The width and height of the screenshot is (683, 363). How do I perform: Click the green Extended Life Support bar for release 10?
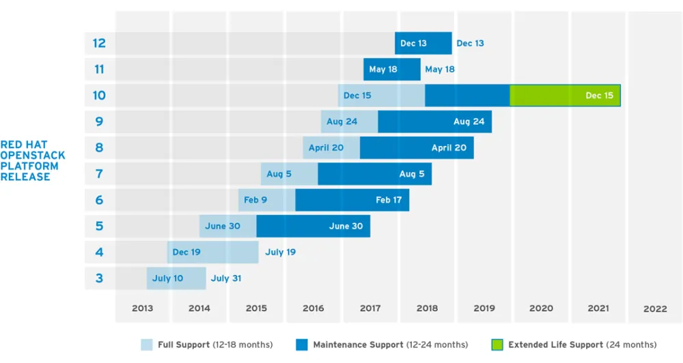565,96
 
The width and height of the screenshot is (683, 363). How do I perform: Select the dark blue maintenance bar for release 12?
423,43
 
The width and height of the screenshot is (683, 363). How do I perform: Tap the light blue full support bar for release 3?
176,278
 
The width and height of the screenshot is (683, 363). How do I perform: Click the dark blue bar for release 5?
313,226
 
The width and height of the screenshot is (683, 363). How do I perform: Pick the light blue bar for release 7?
289,174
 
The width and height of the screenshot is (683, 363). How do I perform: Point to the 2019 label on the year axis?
484,308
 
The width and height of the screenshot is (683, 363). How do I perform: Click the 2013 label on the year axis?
142,308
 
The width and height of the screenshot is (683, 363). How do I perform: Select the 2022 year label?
655,308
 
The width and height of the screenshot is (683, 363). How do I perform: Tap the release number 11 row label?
99,69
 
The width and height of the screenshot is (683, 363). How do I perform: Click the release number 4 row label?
99,252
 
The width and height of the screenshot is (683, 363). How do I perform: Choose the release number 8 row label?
99,147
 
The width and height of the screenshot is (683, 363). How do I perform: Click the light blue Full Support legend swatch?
147,345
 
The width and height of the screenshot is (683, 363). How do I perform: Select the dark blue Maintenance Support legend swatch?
302,345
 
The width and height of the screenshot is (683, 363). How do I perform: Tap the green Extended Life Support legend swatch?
497,345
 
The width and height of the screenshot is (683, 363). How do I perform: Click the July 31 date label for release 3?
226,278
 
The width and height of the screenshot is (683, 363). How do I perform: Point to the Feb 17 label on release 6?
389,200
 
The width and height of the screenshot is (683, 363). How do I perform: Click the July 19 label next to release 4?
280,252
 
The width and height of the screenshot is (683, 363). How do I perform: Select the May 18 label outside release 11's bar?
440,69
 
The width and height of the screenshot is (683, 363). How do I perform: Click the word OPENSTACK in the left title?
29,156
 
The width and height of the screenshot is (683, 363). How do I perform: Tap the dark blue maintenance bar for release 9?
434,121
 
